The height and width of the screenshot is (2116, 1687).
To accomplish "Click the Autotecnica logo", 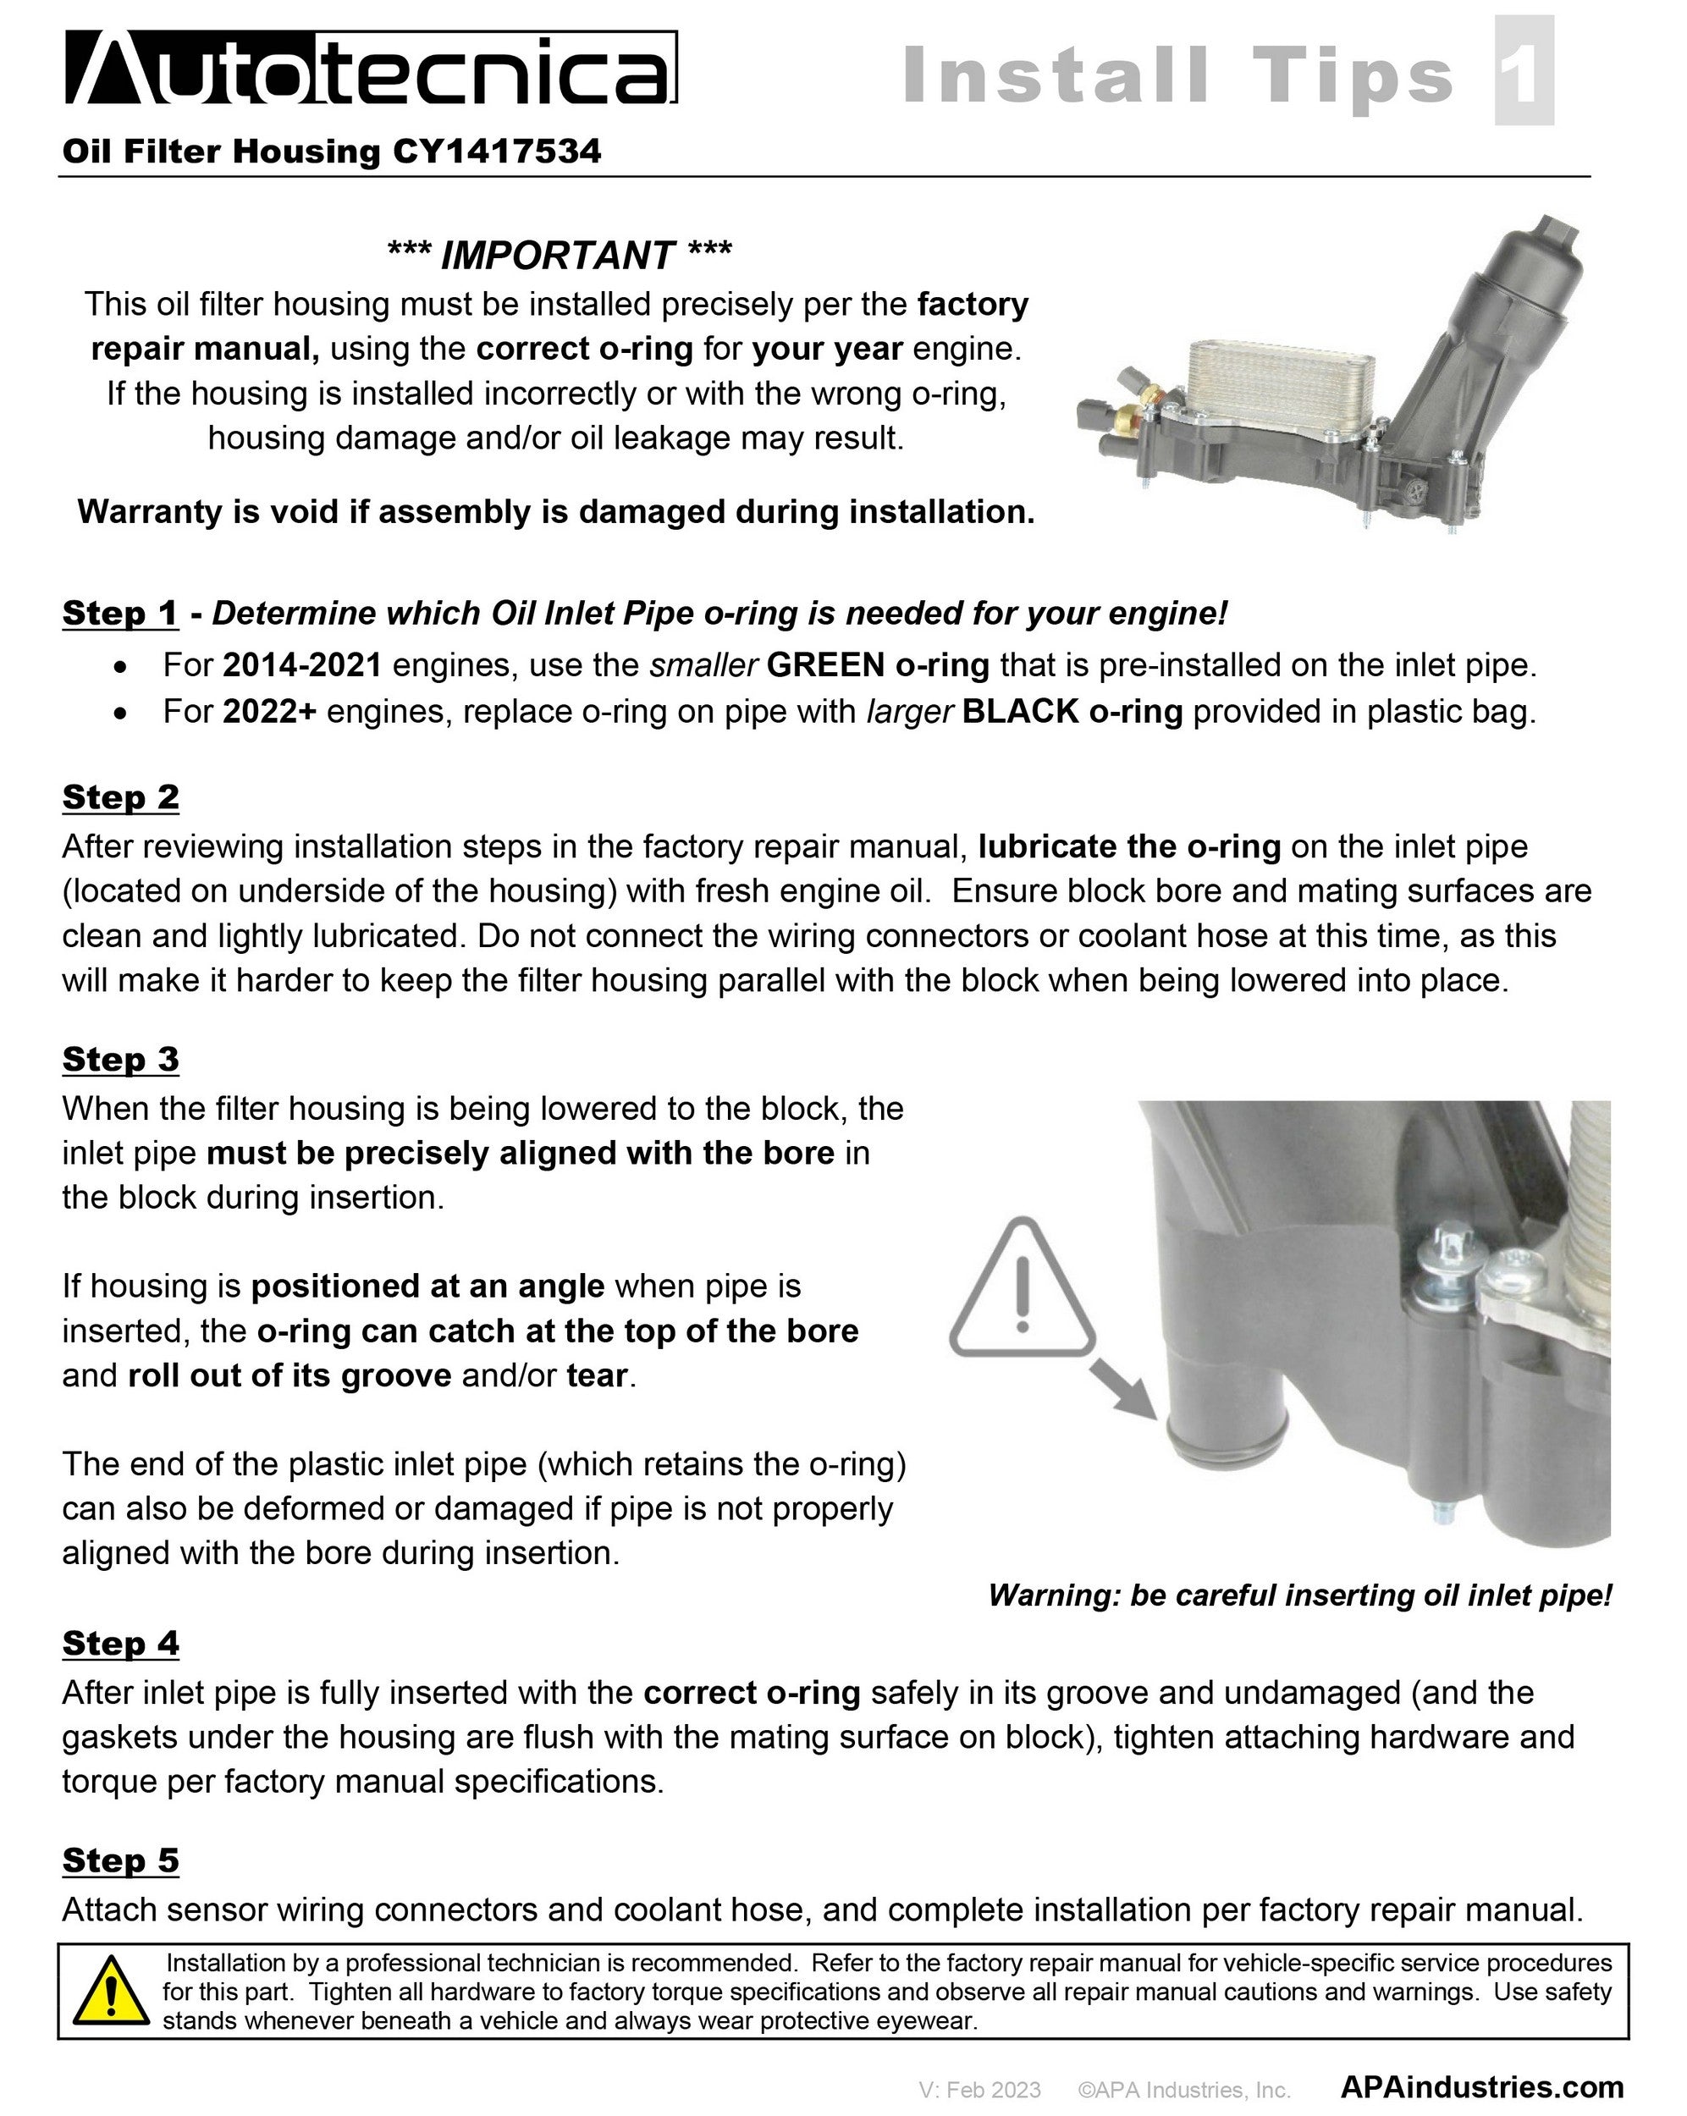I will pyautogui.click(x=370, y=68).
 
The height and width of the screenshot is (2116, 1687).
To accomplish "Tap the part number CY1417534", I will pyautogui.click(x=497, y=152).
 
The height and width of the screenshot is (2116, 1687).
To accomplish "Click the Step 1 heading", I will pyautogui.click(x=119, y=614).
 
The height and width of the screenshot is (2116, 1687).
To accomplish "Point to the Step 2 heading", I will pyautogui.click(x=119, y=797).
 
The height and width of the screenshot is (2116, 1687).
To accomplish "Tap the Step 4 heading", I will pyautogui.click(x=119, y=1643).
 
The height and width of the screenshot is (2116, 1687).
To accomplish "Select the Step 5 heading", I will pyautogui.click(x=119, y=1860).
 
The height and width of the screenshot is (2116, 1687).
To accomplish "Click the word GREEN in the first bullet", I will pyautogui.click(x=825, y=665).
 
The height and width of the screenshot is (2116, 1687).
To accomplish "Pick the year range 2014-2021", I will pyautogui.click(x=302, y=665).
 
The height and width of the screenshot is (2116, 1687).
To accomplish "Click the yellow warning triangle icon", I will pyautogui.click(x=111, y=1992).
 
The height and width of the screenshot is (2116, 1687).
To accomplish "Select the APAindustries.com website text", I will pyautogui.click(x=1481, y=2086).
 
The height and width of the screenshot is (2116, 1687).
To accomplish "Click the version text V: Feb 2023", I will pyautogui.click(x=979, y=2090).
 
